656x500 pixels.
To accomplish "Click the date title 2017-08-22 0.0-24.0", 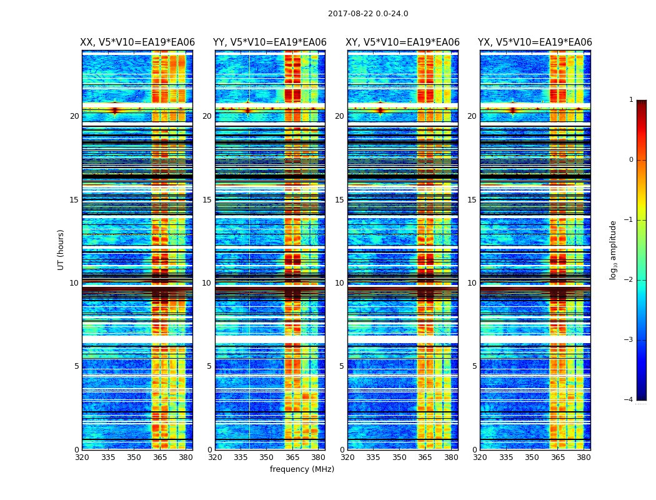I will click(x=368, y=14).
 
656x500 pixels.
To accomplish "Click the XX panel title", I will click(x=137, y=42).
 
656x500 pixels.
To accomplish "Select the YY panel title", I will click(x=270, y=42).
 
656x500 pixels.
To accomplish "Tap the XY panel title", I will click(x=403, y=42).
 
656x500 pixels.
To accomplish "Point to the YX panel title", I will click(x=535, y=42).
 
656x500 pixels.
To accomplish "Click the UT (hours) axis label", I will click(x=61, y=249).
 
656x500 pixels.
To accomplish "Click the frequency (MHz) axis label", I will click(x=302, y=469).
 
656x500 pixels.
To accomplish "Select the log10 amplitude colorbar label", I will click(x=614, y=249).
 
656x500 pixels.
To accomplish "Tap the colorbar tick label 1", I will click(x=631, y=100).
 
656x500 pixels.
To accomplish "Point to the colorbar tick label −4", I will click(x=629, y=400).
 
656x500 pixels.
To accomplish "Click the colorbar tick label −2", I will click(x=629, y=280).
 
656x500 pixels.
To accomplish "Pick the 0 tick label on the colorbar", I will click(x=631, y=160).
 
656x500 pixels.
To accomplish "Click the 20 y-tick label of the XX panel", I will click(x=74, y=116).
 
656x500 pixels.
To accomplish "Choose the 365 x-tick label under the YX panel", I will click(x=558, y=457).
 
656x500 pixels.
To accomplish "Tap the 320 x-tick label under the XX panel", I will click(x=82, y=457).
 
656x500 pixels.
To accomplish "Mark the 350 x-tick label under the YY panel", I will click(x=267, y=457).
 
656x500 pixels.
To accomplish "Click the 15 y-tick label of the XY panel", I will click(x=339, y=200).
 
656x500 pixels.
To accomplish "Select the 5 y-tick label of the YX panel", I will click(x=474, y=366).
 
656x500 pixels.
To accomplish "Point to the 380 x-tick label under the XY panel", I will click(x=451, y=457).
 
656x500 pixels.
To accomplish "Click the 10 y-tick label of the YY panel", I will click(x=207, y=283).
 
